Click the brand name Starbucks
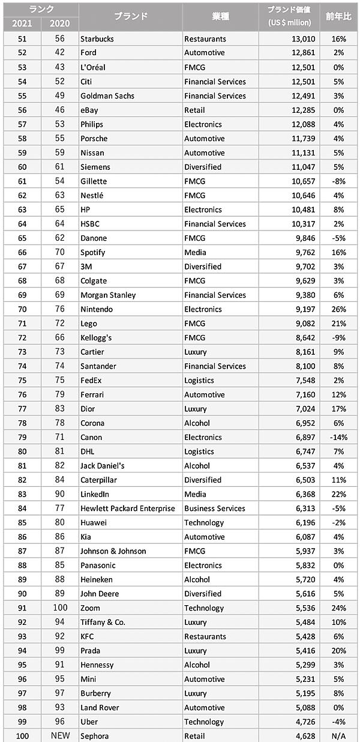point(97,39)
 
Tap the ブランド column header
point(131,16)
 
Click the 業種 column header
point(220,16)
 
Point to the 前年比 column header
point(337,16)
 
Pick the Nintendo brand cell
point(97,309)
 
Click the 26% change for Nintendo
point(338,309)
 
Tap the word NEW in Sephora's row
point(60,736)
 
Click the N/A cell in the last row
point(338,736)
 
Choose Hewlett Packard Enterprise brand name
point(128,508)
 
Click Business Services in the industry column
point(215,508)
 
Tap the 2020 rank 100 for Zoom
point(60,608)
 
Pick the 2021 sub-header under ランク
point(21,24)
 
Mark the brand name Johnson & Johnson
point(113,551)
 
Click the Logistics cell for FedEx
point(199,381)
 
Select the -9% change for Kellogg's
point(338,338)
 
